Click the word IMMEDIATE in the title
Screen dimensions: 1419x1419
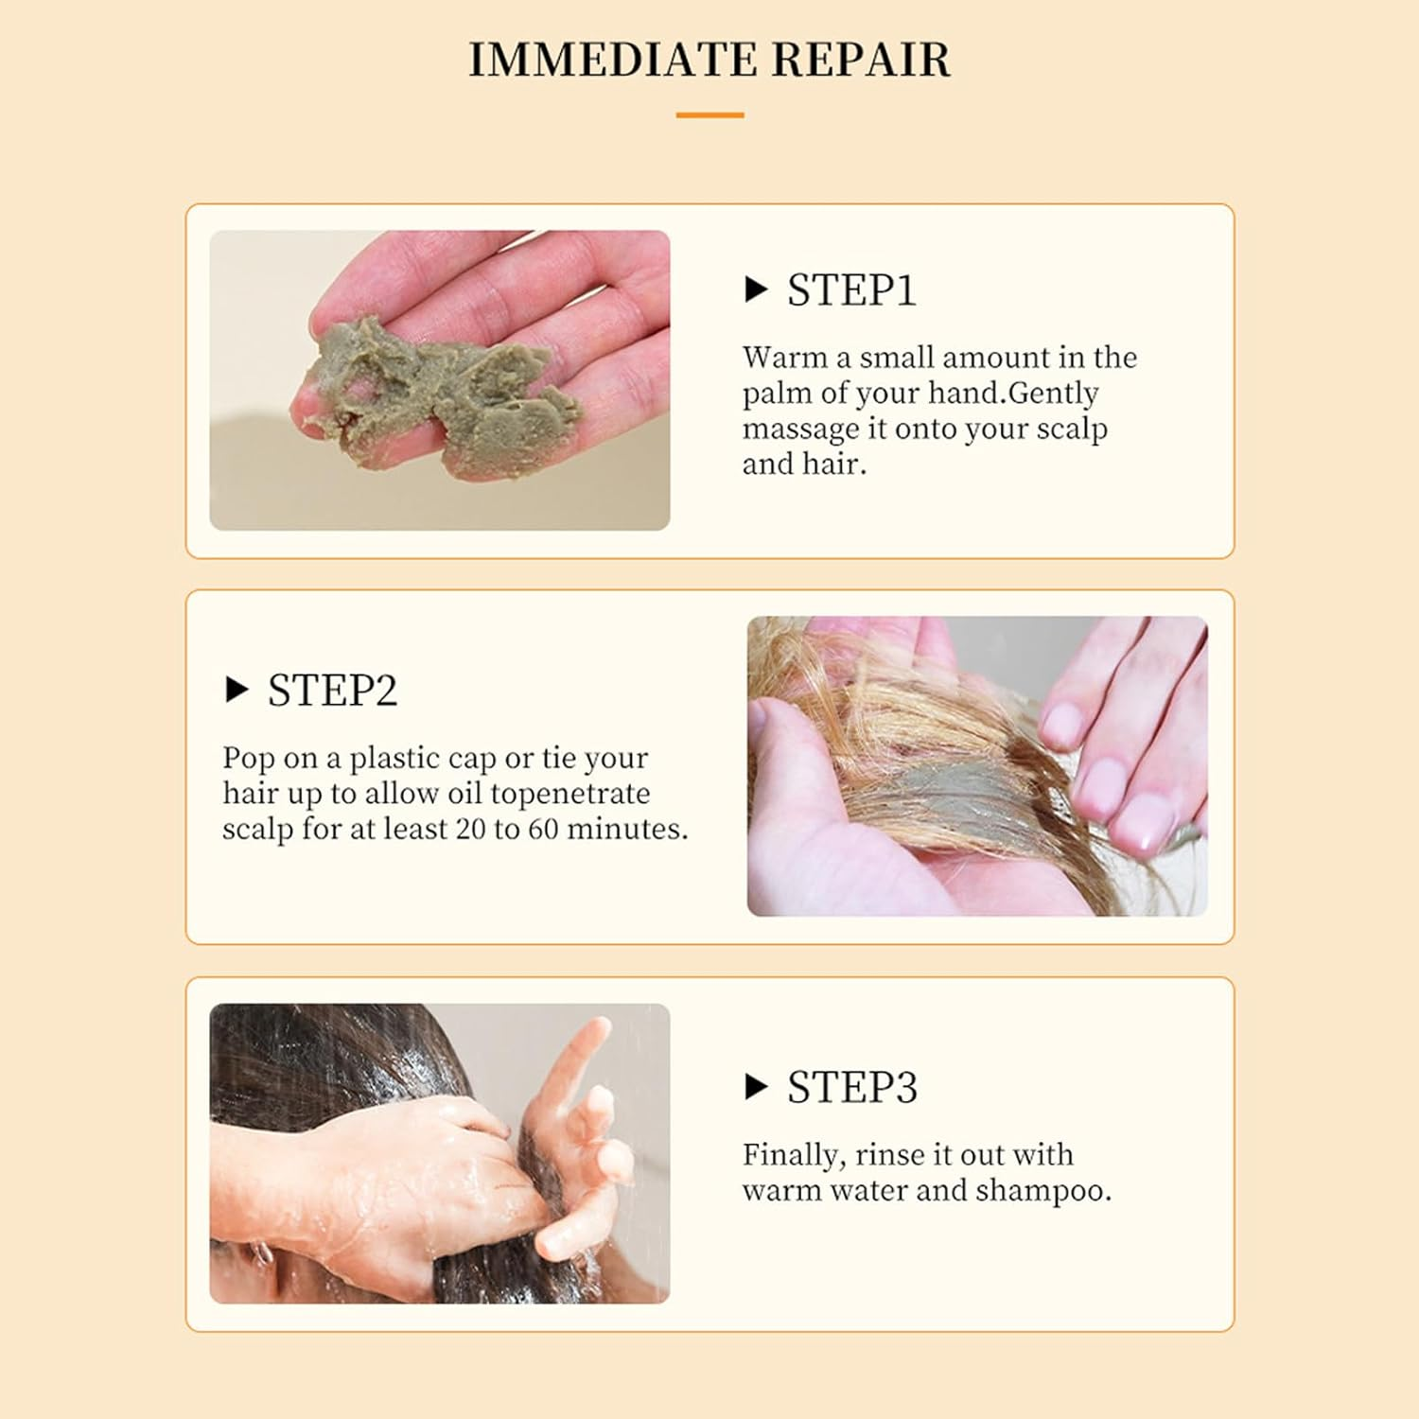pos(613,59)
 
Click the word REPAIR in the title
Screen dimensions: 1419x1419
pos(860,59)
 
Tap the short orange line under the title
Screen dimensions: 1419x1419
pos(709,115)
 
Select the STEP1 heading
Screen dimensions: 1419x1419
pos(851,289)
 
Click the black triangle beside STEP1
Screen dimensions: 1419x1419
pos(756,289)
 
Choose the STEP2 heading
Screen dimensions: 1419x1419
pos(332,691)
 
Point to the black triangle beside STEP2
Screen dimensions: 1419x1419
pos(236,691)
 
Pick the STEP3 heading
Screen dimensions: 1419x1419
pos(851,1088)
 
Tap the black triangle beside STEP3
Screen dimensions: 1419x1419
pos(756,1088)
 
